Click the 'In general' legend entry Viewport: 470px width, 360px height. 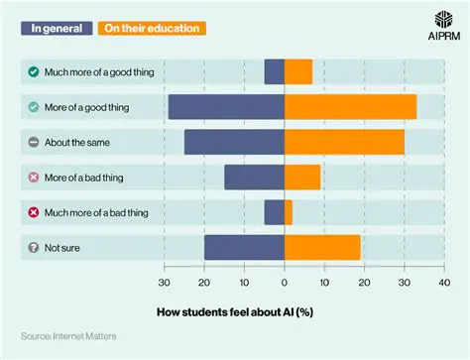pyautogui.click(x=58, y=28)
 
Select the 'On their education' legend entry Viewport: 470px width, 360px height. pyautogui.click(x=151, y=28)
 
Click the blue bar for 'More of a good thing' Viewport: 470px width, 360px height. pyautogui.click(x=226, y=107)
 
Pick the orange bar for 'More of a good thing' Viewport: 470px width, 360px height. pyautogui.click(x=350, y=107)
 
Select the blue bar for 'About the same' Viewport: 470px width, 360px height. pyautogui.click(x=234, y=142)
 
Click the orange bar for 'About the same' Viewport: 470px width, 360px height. pyautogui.click(x=344, y=142)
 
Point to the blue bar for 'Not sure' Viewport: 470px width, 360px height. pyautogui.click(x=244, y=247)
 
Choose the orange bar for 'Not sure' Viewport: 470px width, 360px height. pyautogui.click(x=322, y=247)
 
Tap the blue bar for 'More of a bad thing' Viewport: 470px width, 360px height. pyautogui.click(x=254, y=177)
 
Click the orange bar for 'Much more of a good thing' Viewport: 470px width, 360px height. pyautogui.click(x=298, y=71)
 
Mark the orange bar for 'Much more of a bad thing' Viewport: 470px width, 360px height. pyautogui.click(x=289, y=212)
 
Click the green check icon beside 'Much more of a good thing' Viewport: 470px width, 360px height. pyautogui.click(x=34, y=71)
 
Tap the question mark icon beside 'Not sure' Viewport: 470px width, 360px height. pyautogui.click(x=34, y=247)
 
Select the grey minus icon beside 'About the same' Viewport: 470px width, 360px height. pyautogui.click(x=34, y=142)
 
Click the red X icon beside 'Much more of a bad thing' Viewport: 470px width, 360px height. pyautogui.click(x=34, y=212)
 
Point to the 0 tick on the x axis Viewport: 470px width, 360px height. pyautogui.click(x=285, y=282)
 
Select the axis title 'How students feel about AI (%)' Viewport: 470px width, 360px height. pyautogui.click(x=235, y=310)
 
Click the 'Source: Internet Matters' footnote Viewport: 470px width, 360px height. pyautogui.click(x=68, y=337)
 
